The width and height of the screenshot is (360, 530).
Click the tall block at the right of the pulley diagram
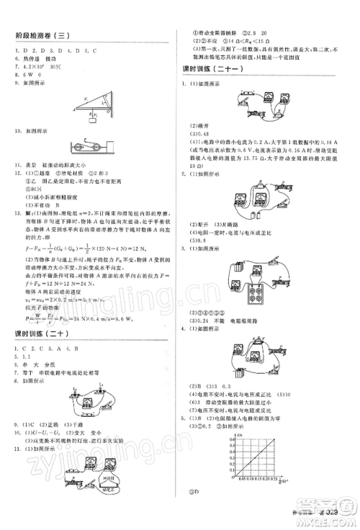pyautogui.click(x=114, y=145)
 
